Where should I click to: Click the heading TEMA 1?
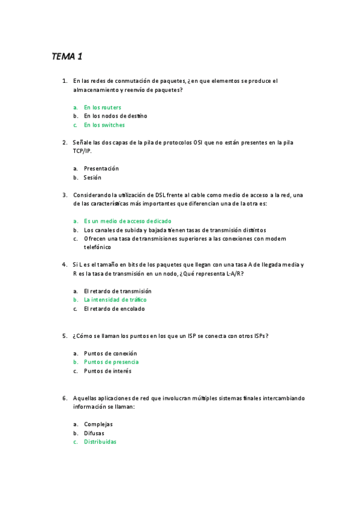pyautogui.click(x=67, y=57)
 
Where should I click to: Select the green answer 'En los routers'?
pyautogui.click(x=102, y=107)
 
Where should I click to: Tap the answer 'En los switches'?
pyautogui.click(x=104, y=125)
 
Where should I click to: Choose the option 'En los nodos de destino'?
pyautogui.click(x=115, y=116)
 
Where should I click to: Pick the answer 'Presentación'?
pyautogui.click(x=101, y=169)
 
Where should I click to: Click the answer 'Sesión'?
pyautogui.click(x=92, y=178)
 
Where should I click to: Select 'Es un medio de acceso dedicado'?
pyautogui.click(x=127, y=221)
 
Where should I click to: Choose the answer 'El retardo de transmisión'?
pyautogui.click(x=118, y=291)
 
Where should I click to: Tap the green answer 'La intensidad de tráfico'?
pyautogui.click(x=115, y=300)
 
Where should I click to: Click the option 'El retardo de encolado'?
pyautogui.click(x=114, y=309)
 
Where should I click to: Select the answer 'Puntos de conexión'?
pyautogui.click(x=110, y=354)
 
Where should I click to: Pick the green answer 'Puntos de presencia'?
pyautogui.click(x=111, y=362)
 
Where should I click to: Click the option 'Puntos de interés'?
pyautogui.click(x=107, y=371)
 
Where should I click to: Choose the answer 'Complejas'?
pyautogui.click(x=98, y=424)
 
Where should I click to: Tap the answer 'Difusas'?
pyautogui.click(x=94, y=433)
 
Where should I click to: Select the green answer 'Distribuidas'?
pyautogui.click(x=100, y=442)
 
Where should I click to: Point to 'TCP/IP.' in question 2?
pyautogui.click(x=82, y=151)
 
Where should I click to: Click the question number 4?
pyautogui.click(x=64, y=265)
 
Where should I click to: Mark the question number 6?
pyautogui.click(x=64, y=398)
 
